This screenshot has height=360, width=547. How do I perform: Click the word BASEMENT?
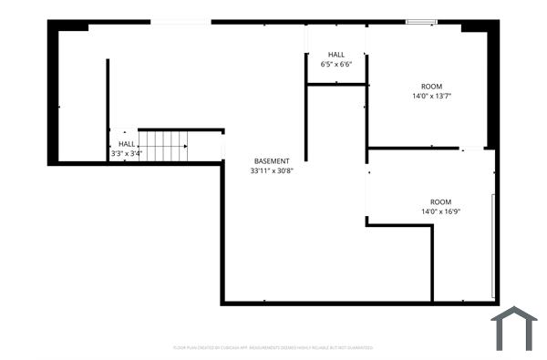[272, 161]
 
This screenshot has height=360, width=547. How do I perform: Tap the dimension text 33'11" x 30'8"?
[272, 170]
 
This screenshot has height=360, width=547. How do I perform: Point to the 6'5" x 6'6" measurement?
[336, 65]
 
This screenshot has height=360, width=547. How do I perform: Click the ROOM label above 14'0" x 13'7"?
[431, 87]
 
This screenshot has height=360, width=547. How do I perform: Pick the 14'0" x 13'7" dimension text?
[431, 96]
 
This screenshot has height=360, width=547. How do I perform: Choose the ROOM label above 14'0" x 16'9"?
[440, 202]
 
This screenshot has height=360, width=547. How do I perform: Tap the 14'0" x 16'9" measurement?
[440, 211]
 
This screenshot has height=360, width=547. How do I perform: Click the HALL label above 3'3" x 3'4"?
[126, 144]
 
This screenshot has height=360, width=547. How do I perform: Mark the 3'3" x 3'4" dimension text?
[126, 153]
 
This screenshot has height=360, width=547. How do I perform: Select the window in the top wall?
[421, 21]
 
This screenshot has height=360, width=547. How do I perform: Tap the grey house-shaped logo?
[514, 329]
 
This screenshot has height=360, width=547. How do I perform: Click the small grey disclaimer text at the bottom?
[273, 347]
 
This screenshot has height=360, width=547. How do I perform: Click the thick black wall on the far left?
[54, 91]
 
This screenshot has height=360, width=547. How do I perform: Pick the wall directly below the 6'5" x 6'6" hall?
[336, 85]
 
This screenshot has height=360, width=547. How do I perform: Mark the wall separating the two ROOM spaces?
[415, 148]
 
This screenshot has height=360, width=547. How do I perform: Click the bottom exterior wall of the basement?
[356, 303]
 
